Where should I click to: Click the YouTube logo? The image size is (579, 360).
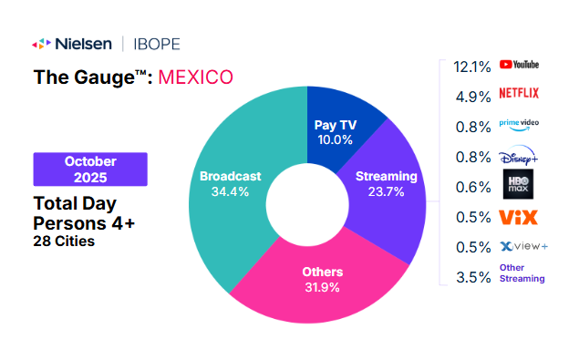[520, 65]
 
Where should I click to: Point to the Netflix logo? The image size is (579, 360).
[520, 93]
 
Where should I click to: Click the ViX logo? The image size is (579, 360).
[519, 217]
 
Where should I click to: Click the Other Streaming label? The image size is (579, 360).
[522, 273]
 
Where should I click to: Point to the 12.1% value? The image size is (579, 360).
[471, 66]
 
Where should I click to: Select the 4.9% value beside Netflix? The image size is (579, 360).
[473, 95]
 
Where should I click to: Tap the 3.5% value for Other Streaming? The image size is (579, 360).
[473, 277]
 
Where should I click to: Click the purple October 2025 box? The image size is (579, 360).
[90, 169]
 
